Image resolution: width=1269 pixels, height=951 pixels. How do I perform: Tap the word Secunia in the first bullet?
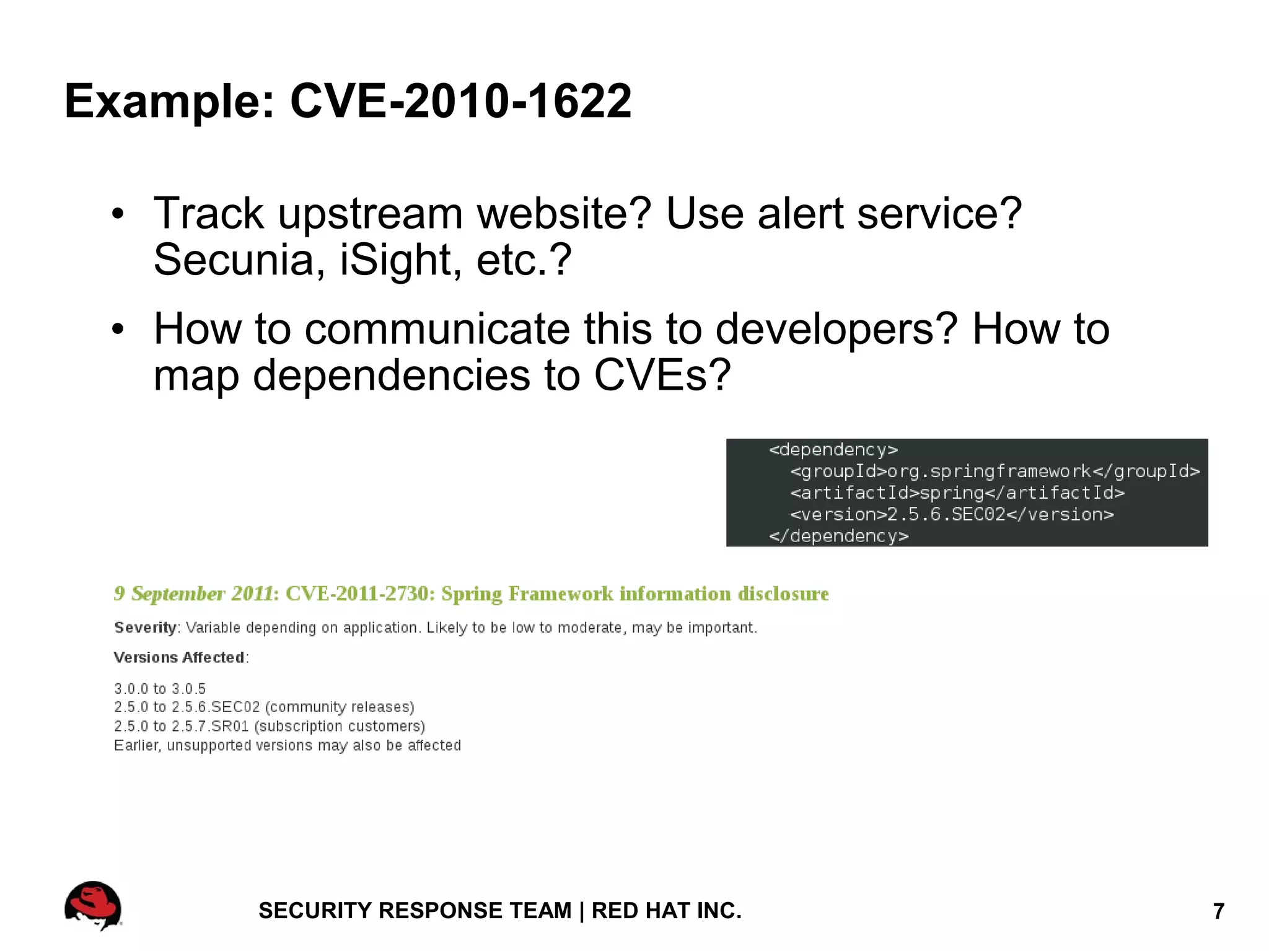click(x=239, y=260)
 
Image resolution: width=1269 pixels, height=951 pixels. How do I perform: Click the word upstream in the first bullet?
click(x=370, y=214)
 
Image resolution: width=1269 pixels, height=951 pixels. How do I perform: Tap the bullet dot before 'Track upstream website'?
click(x=118, y=214)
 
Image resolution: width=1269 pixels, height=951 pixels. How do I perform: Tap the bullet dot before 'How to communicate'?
click(x=118, y=330)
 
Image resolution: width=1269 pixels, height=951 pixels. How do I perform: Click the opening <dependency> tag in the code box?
click(x=833, y=450)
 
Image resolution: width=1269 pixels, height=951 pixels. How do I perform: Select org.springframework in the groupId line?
click(x=990, y=471)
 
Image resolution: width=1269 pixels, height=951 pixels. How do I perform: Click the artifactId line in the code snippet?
click(x=957, y=493)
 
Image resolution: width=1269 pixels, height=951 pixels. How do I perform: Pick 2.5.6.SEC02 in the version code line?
click(x=946, y=515)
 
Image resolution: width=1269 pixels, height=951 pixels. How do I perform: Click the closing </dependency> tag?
click(x=838, y=536)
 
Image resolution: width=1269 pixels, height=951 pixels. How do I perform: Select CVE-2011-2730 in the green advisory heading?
click(x=360, y=594)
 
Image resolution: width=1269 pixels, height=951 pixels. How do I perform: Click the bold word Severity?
click(x=146, y=628)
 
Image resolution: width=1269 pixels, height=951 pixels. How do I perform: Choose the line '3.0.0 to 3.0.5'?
click(x=160, y=688)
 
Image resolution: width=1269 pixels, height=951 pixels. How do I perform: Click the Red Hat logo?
click(x=93, y=905)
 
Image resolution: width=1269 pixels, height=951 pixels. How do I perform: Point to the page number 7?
click(x=1218, y=911)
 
